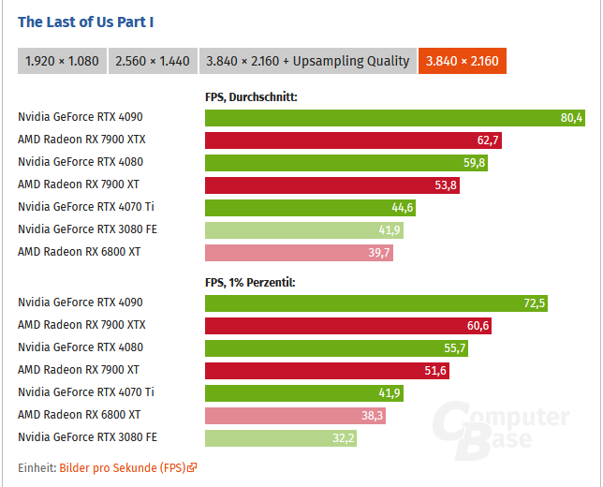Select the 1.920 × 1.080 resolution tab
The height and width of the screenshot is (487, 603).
coord(62,61)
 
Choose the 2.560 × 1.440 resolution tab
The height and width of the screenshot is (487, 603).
coord(152,61)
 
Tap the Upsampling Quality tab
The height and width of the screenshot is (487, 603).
coord(307,61)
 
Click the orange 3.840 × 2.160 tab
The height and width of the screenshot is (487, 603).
coord(463,61)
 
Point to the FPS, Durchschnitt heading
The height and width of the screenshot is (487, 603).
coord(251,96)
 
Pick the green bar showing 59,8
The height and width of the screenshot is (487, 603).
coord(346,162)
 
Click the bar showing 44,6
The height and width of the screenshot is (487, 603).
coord(310,207)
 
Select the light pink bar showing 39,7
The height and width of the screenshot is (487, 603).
coord(299,252)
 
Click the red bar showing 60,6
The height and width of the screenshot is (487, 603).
coord(348,325)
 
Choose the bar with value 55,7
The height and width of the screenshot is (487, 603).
coord(336,347)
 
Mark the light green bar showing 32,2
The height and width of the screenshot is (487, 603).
coord(281,437)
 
